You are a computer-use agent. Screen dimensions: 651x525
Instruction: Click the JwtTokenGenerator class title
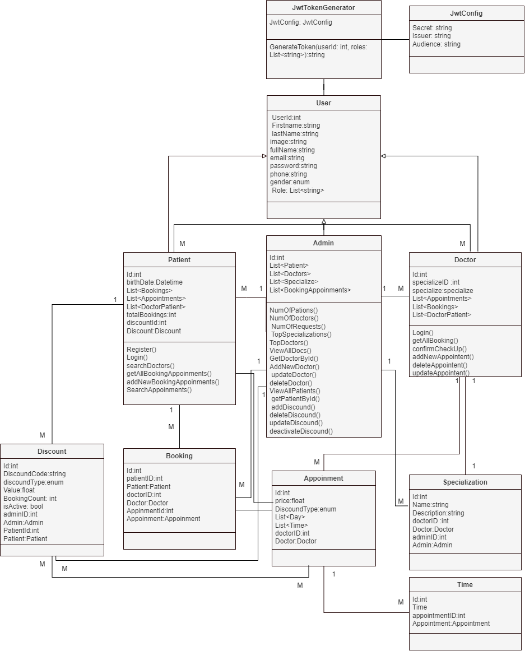[x=323, y=8]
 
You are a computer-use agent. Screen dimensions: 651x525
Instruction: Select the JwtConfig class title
[x=466, y=13]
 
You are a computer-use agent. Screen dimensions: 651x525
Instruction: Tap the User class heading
[x=323, y=103]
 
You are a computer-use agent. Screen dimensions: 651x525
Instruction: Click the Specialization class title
[x=465, y=482]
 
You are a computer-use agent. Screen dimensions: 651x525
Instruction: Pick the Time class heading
[x=465, y=585]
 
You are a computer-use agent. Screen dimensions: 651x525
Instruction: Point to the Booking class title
[x=179, y=456]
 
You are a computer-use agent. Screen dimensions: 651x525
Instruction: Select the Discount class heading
[x=52, y=452]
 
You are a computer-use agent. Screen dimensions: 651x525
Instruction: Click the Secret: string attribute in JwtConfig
[x=432, y=28]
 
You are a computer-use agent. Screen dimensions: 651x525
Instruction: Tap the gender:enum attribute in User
[x=290, y=182]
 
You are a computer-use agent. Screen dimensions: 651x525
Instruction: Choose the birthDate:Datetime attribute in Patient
[x=155, y=282]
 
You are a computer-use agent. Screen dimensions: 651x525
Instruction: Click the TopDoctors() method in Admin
[x=289, y=342]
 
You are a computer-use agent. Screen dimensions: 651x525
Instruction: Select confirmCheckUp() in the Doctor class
[x=440, y=348]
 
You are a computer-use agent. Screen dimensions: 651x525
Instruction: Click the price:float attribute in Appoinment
[x=290, y=501]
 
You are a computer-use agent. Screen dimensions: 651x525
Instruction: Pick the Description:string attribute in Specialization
[x=438, y=513]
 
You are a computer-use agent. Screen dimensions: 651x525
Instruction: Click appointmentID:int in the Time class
[x=439, y=615]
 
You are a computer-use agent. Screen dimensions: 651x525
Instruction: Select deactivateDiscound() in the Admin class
[x=301, y=431]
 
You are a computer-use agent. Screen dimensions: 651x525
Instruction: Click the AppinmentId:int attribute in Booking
[x=150, y=511]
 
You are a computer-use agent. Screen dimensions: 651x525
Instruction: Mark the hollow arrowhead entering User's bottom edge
[x=324, y=221]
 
